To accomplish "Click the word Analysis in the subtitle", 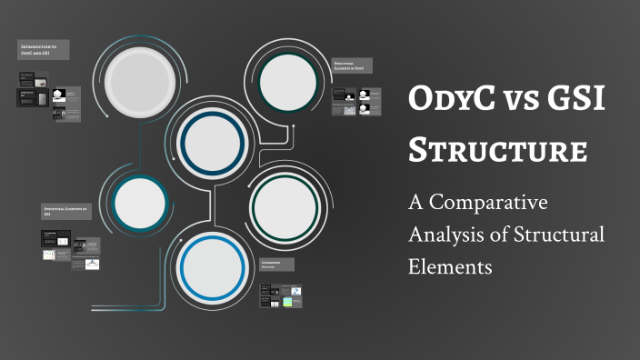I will pyautogui.click(x=445, y=235).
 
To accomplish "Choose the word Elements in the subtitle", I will pyautogui.click(x=450, y=267).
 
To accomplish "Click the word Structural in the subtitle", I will pyautogui.click(x=557, y=235).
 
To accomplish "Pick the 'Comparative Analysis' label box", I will pyautogui.click(x=280, y=264).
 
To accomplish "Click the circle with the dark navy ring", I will pyautogui.click(x=211, y=140).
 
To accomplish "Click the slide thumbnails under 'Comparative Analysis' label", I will pyautogui.click(x=280, y=296).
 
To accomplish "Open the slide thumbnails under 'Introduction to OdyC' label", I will pyautogui.click(x=51, y=95).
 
